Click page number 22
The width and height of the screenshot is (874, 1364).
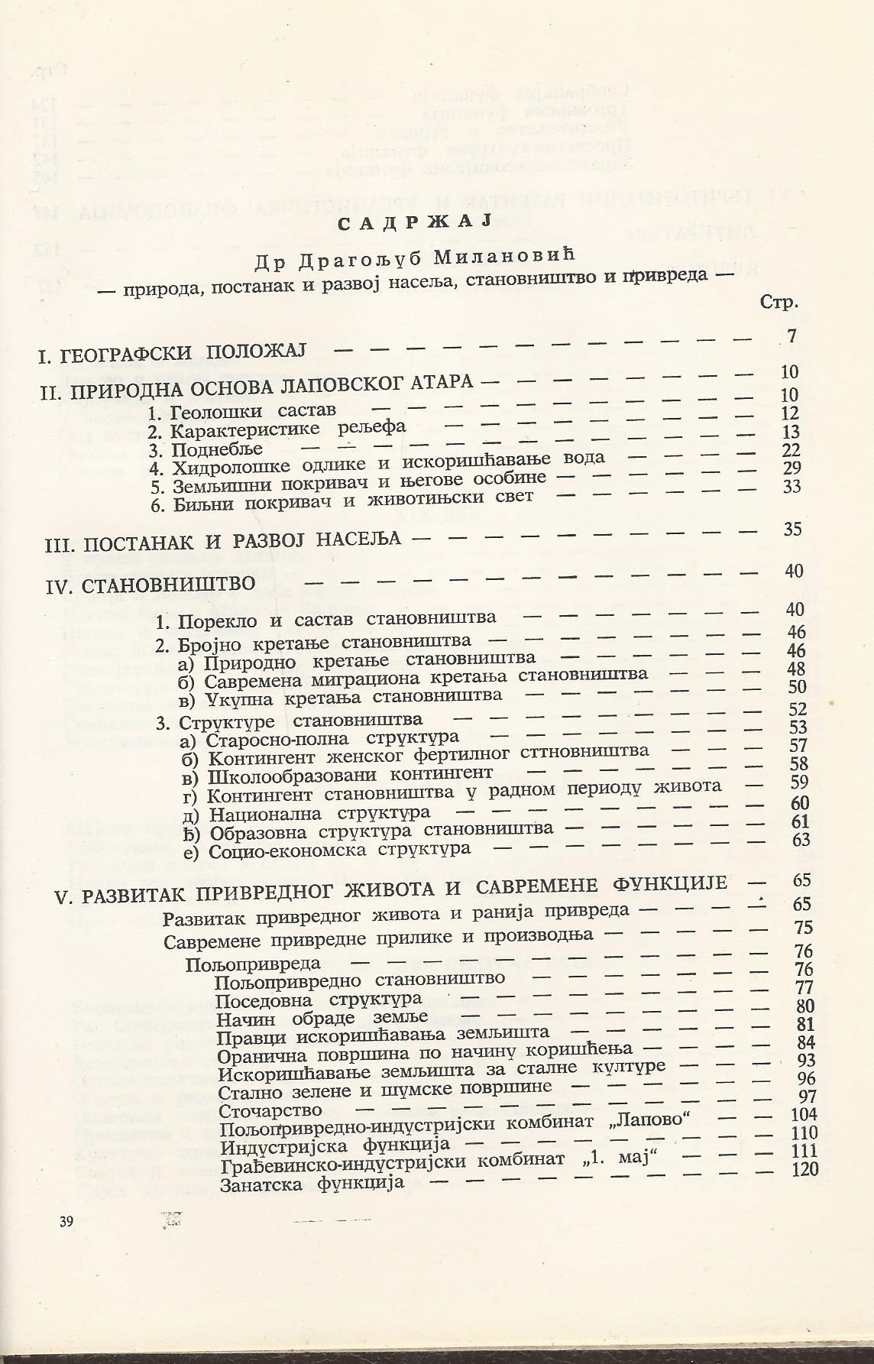coord(790,450)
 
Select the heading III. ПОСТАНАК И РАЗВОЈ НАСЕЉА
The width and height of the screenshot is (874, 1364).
coord(221,539)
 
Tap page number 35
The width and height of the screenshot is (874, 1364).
coord(791,529)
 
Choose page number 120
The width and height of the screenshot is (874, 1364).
coord(804,1170)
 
